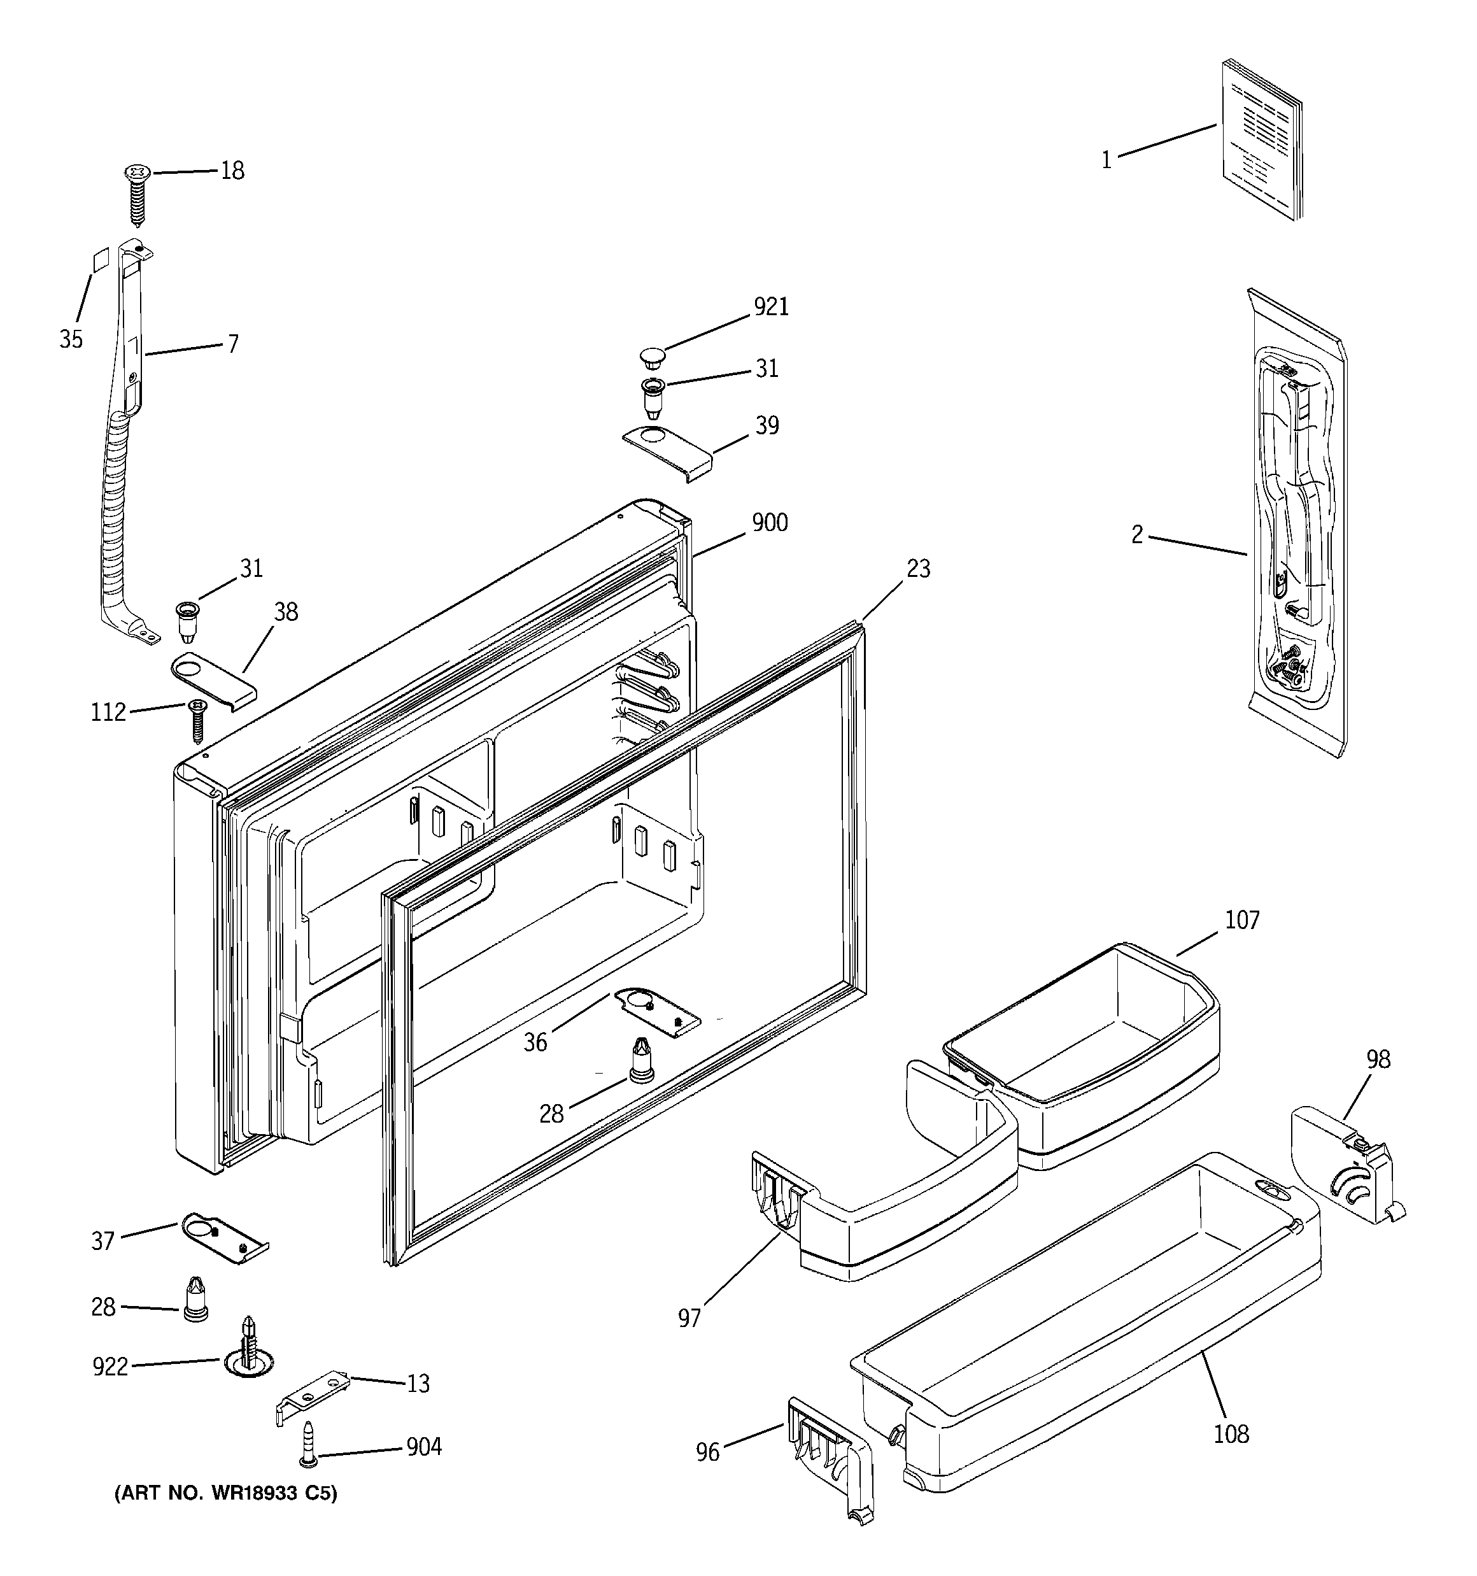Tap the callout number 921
click(770, 307)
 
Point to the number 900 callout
click(769, 523)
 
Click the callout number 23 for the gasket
click(917, 569)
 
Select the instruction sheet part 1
click(1261, 139)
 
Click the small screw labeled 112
click(197, 719)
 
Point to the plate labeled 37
click(224, 1240)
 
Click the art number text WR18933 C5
click(226, 1494)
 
